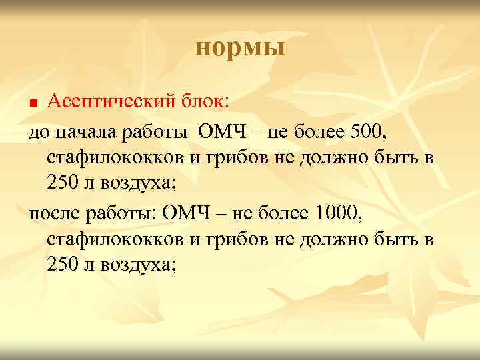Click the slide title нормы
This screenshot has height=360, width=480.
pyautogui.click(x=240, y=48)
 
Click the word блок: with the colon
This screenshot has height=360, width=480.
pyautogui.click(x=205, y=101)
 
